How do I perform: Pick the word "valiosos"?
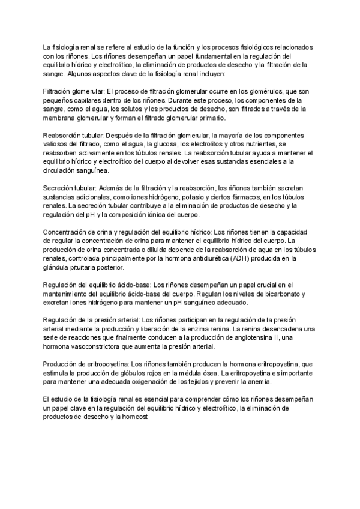56,145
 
